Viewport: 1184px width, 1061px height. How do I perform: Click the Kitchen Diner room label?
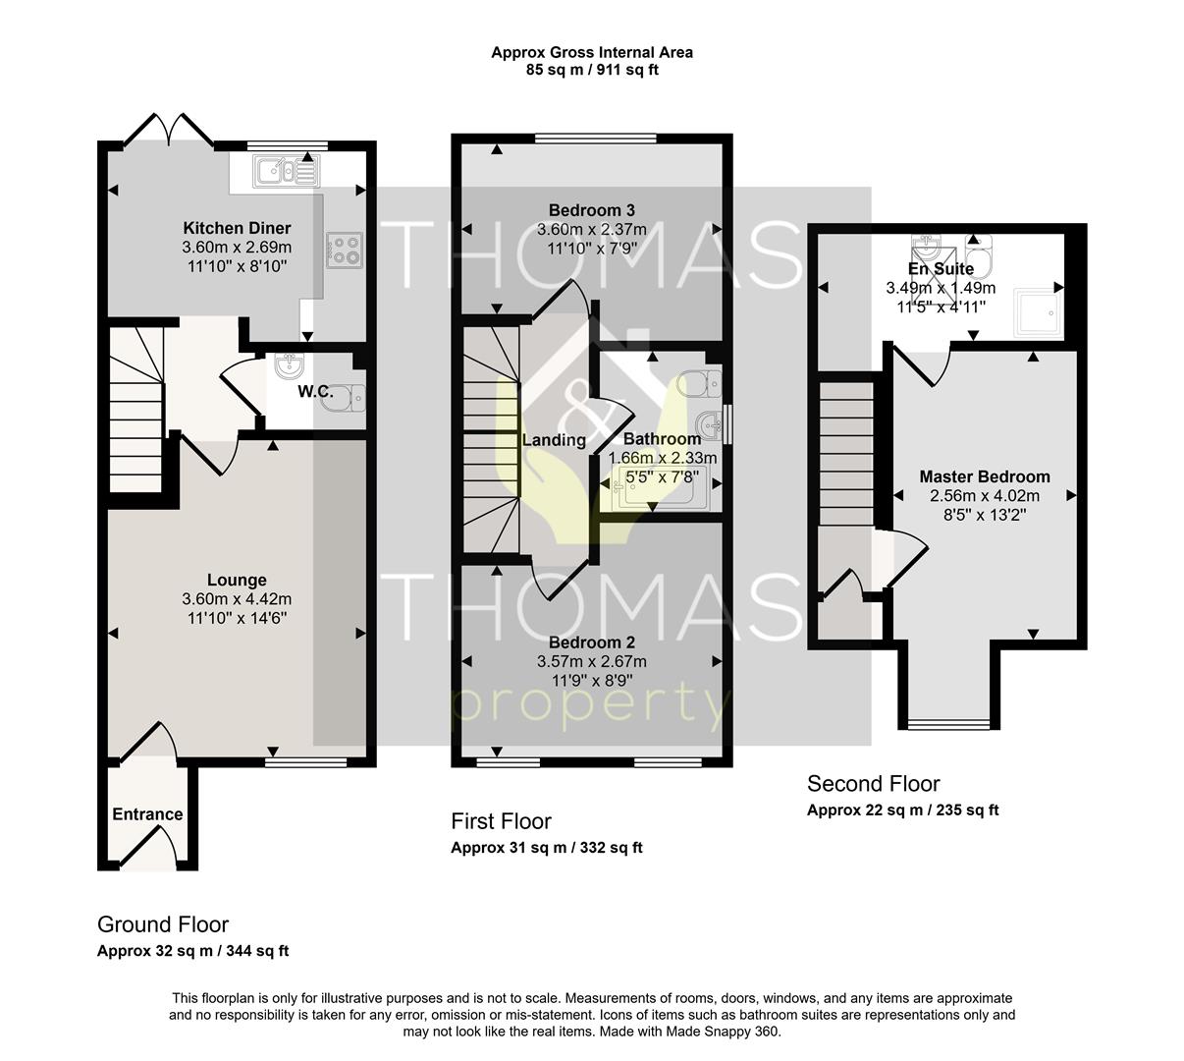[237, 228]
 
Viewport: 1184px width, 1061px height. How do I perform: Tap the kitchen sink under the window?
[287, 171]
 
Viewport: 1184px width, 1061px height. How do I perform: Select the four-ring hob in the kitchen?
[345, 251]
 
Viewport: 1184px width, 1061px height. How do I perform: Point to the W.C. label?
[315, 391]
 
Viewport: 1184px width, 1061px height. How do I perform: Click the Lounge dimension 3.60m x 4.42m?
[237, 599]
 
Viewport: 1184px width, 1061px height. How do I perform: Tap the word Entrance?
[147, 814]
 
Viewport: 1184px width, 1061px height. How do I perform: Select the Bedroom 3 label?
[591, 210]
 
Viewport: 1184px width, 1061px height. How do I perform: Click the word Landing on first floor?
[554, 440]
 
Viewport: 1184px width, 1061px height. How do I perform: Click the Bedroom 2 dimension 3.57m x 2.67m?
[591, 661]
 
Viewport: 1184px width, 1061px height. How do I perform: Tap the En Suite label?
[941, 268]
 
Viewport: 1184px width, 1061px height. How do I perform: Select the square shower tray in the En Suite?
[1038, 311]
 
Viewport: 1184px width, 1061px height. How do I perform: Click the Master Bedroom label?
[985, 476]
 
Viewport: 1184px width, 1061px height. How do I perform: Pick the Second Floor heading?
[873, 784]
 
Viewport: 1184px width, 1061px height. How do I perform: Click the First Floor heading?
[501, 821]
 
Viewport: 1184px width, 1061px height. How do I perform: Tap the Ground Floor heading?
[162, 924]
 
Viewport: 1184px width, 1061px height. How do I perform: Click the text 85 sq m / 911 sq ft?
[592, 70]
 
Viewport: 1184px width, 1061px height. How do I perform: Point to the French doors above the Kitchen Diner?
[169, 130]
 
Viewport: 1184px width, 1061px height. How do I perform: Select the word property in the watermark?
[591, 707]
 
